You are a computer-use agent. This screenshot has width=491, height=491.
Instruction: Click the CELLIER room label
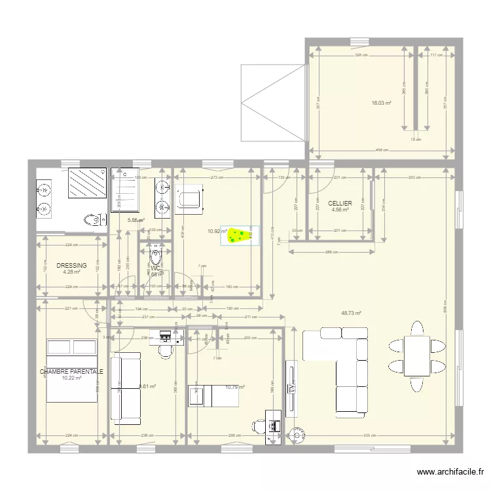(x=340, y=203)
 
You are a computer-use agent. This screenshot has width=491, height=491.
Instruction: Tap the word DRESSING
(x=71, y=265)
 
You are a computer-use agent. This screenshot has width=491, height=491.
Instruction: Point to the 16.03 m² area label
(x=381, y=103)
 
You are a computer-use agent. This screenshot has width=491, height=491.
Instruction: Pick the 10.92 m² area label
(x=217, y=231)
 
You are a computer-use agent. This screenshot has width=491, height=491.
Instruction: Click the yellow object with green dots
(x=240, y=235)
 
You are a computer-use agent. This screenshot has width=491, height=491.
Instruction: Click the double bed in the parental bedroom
(x=71, y=370)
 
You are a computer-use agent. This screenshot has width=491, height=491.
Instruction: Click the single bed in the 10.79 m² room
(x=207, y=395)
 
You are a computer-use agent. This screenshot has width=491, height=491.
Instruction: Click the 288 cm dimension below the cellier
(x=331, y=252)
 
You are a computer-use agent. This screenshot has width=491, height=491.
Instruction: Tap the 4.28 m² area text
(x=71, y=272)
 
